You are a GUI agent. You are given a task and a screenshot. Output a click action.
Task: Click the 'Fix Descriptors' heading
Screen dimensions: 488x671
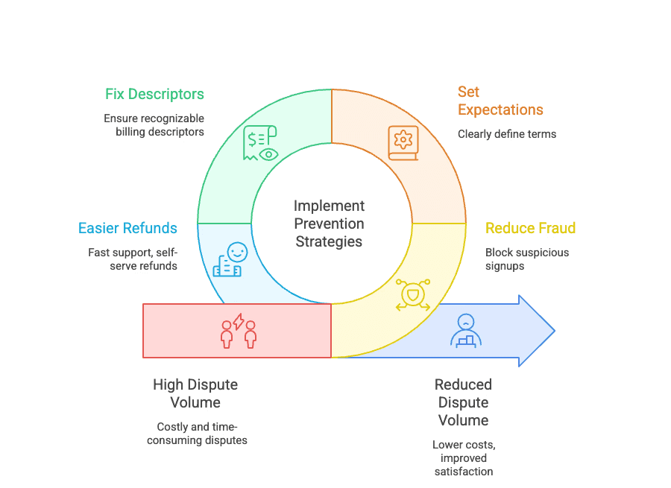tap(154, 95)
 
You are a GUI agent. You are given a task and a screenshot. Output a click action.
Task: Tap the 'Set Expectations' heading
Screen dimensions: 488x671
tap(500, 101)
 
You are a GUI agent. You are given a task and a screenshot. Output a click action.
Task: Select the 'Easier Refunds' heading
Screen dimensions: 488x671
tap(127, 228)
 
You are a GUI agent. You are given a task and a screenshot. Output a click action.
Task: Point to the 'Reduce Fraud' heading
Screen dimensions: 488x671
tap(530, 228)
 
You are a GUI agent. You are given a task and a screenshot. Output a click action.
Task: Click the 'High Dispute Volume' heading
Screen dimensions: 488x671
tap(195, 393)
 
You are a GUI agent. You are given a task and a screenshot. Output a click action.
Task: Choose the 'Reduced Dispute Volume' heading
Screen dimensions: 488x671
tap(463, 402)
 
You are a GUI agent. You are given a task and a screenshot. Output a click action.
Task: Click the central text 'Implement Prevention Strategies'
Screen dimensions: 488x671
tap(329, 224)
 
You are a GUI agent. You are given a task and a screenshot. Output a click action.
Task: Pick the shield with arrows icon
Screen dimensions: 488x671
tap(412, 295)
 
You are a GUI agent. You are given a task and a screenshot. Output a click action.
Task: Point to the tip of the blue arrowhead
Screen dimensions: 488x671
tap(553, 330)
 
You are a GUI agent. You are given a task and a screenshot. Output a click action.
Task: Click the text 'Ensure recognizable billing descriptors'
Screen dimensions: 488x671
tap(154, 125)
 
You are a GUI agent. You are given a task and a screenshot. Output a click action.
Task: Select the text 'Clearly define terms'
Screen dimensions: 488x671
tap(507, 134)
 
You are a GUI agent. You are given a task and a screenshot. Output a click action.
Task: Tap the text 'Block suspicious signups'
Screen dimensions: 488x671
tap(526, 259)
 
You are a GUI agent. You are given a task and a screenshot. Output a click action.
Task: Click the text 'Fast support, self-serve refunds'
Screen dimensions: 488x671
tap(133, 259)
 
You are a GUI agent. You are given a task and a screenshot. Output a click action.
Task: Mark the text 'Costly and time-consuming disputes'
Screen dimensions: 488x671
tap(197, 434)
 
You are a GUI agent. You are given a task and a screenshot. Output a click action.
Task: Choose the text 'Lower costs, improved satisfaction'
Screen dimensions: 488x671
tap(463, 457)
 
